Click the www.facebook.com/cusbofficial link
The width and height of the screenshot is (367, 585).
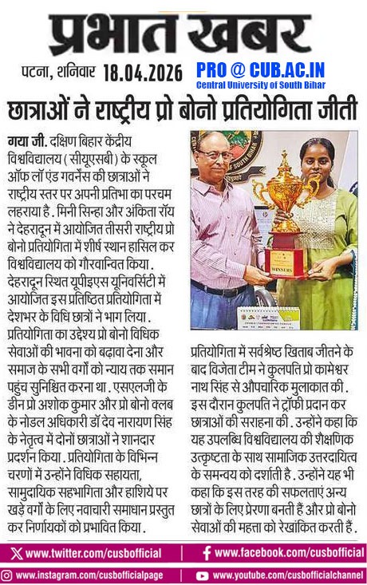(282, 552)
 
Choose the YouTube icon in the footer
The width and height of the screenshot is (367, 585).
(203, 574)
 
